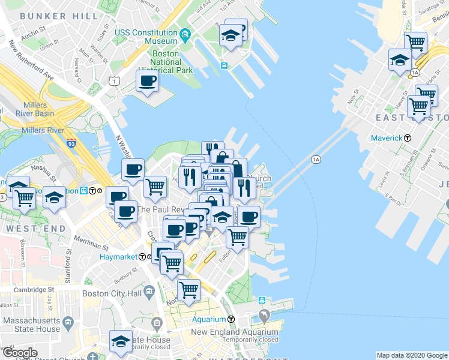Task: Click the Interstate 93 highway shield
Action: [71, 144]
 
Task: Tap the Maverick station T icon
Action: [408, 138]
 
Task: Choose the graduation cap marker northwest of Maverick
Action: [400, 60]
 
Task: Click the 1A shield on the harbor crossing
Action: [316, 160]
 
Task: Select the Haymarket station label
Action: [119, 256]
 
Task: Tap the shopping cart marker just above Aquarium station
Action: [189, 290]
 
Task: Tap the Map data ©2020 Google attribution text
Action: [412, 355]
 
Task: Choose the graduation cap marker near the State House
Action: [121, 341]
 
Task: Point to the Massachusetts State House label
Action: [31, 325]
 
